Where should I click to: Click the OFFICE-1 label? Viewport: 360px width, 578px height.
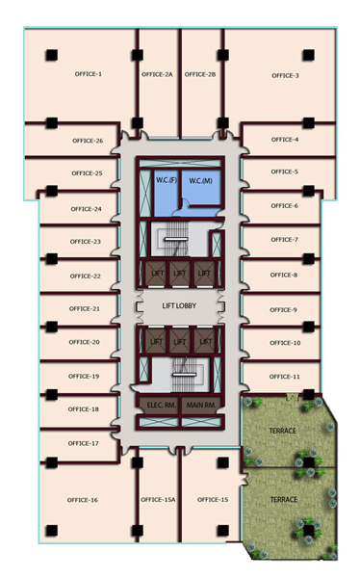[89, 74]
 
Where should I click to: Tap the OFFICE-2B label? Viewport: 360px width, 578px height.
[200, 74]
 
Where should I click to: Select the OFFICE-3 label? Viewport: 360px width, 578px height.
[285, 75]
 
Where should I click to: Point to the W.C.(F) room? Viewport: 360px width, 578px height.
[167, 193]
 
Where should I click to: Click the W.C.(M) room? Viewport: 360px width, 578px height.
[201, 187]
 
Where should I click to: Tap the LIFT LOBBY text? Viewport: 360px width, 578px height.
[179, 306]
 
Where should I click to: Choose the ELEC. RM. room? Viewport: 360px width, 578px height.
[160, 406]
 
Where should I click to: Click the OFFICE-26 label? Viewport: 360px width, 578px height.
[88, 141]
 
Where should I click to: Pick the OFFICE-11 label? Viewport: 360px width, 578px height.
[285, 377]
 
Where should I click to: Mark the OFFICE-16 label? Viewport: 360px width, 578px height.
[83, 500]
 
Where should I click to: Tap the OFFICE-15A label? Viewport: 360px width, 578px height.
[158, 500]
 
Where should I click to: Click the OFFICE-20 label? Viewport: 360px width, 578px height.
[84, 342]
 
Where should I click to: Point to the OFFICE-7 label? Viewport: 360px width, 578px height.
[285, 240]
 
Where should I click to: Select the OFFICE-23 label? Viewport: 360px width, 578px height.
[85, 242]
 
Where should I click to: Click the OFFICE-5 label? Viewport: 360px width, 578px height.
[285, 171]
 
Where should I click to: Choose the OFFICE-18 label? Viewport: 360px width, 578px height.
[84, 409]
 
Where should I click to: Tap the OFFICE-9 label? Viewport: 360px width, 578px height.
[283, 310]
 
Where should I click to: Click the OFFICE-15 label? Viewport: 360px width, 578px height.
[213, 500]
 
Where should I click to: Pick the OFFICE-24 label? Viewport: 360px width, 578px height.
[87, 209]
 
